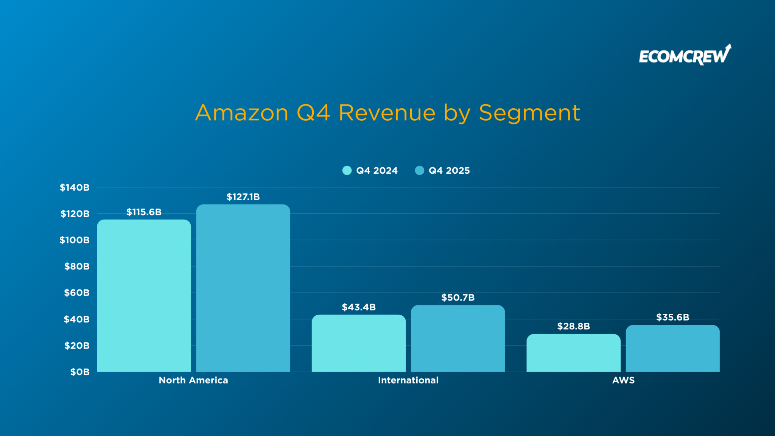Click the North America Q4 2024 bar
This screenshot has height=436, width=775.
[x=144, y=296]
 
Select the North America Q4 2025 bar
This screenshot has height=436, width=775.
[x=243, y=288]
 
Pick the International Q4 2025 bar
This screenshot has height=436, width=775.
[x=458, y=338]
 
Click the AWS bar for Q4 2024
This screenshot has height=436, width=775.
[x=573, y=353]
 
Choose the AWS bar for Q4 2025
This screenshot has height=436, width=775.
[x=672, y=348]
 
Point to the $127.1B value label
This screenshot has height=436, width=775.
[x=243, y=197]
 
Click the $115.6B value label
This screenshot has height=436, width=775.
[x=144, y=212]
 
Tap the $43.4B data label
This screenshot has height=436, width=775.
[x=358, y=307]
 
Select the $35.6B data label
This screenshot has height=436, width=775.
[x=672, y=317]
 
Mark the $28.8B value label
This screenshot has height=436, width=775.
[x=573, y=326]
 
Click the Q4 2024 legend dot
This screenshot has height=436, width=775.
[x=347, y=171]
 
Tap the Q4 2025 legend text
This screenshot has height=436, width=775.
[x=449, y=171]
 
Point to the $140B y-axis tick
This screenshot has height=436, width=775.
[x=75, y=187]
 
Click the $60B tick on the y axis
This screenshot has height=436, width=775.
[x=77, y=293]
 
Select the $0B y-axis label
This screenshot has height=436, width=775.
[x=80, y=372]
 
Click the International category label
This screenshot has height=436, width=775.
[x=408, y=380]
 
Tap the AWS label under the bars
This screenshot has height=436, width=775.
[x=623, y=380]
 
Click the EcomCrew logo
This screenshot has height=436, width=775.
[x=685, y=55]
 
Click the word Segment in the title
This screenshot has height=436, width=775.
[x=529, y=113]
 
